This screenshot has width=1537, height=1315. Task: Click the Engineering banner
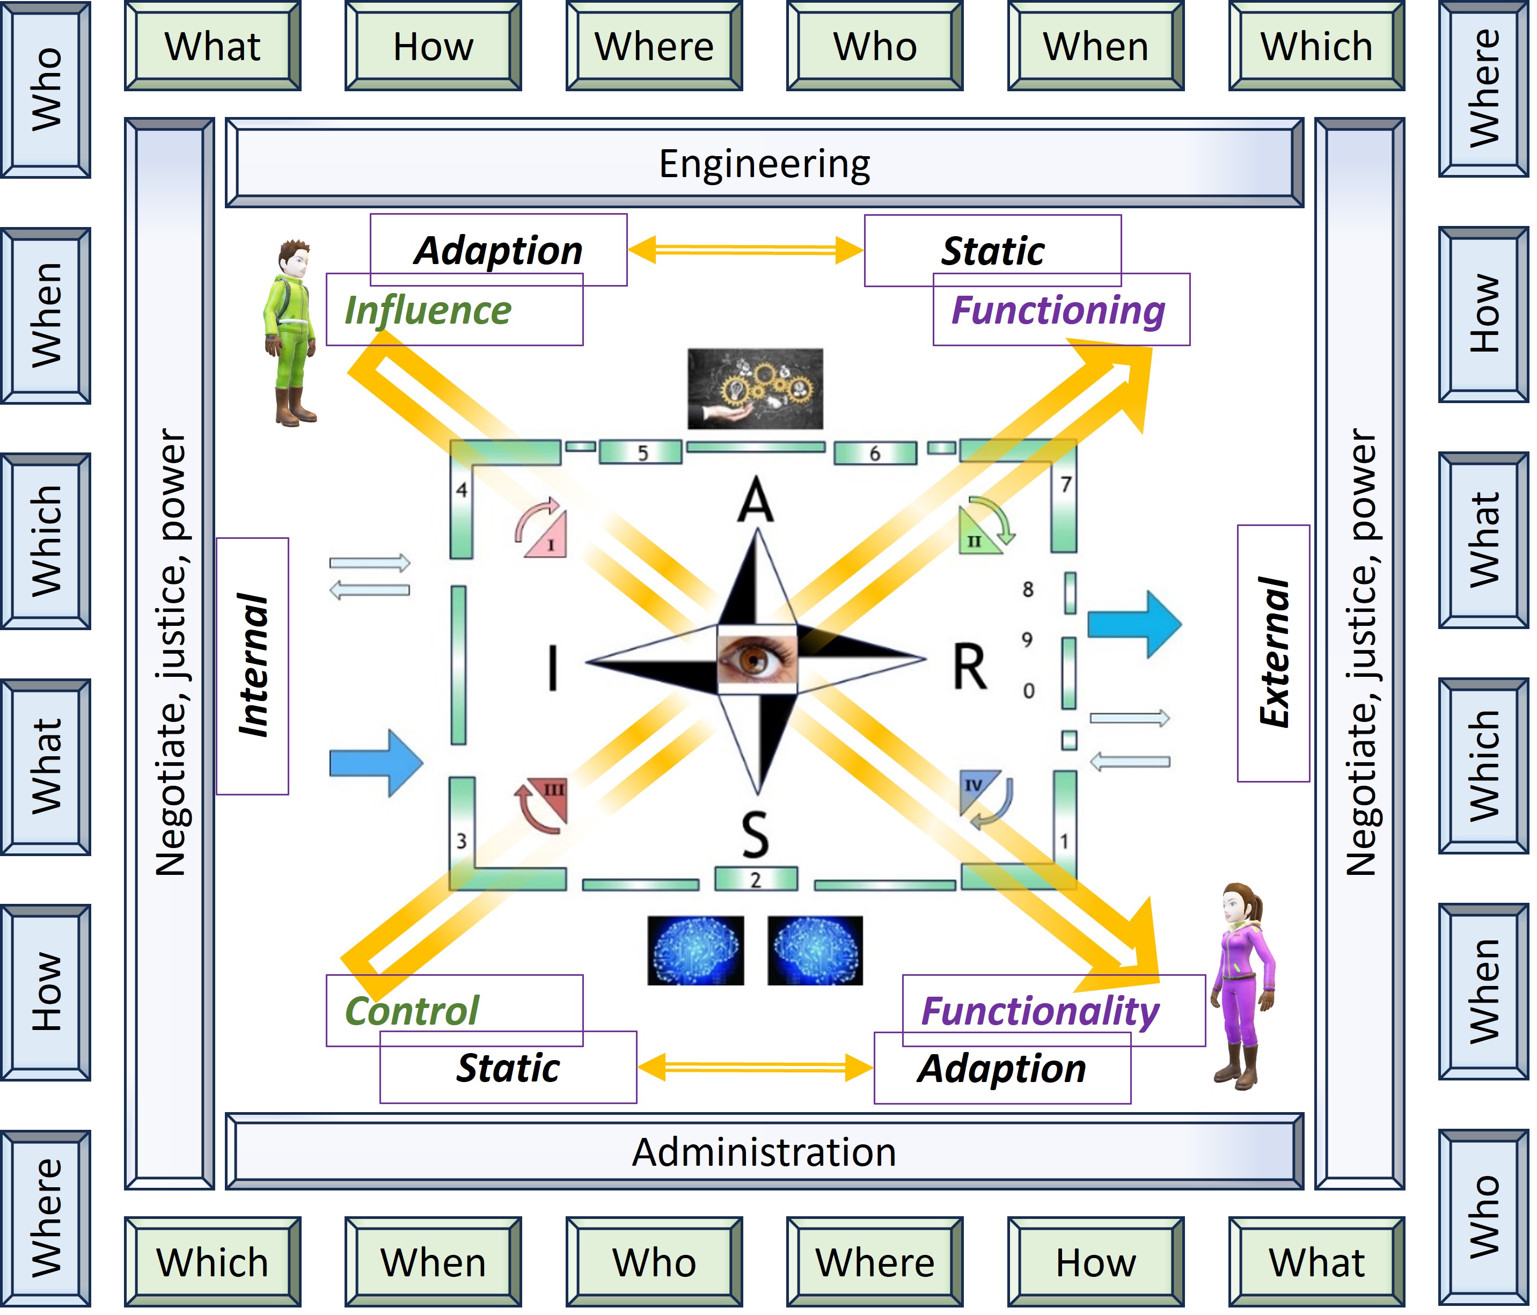click(764, 163)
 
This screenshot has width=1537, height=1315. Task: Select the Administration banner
click(764, 1152)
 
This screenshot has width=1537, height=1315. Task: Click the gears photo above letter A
click(755, 389)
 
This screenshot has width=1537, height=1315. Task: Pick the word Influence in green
click(428, 310)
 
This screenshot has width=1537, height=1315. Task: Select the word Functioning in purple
click(1058, 310)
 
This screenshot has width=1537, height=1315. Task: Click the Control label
click(413, 1011)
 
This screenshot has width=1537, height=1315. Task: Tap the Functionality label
click(1040, 1011)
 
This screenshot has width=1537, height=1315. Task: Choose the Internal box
click(252, 666)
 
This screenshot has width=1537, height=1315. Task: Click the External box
click(1273, 653)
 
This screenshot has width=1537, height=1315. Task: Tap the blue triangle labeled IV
click(976, 788)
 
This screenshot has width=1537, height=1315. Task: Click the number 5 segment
click(641, 452)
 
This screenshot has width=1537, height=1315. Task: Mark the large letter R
click(970, 667)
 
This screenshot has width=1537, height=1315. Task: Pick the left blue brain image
click(695, 951)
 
